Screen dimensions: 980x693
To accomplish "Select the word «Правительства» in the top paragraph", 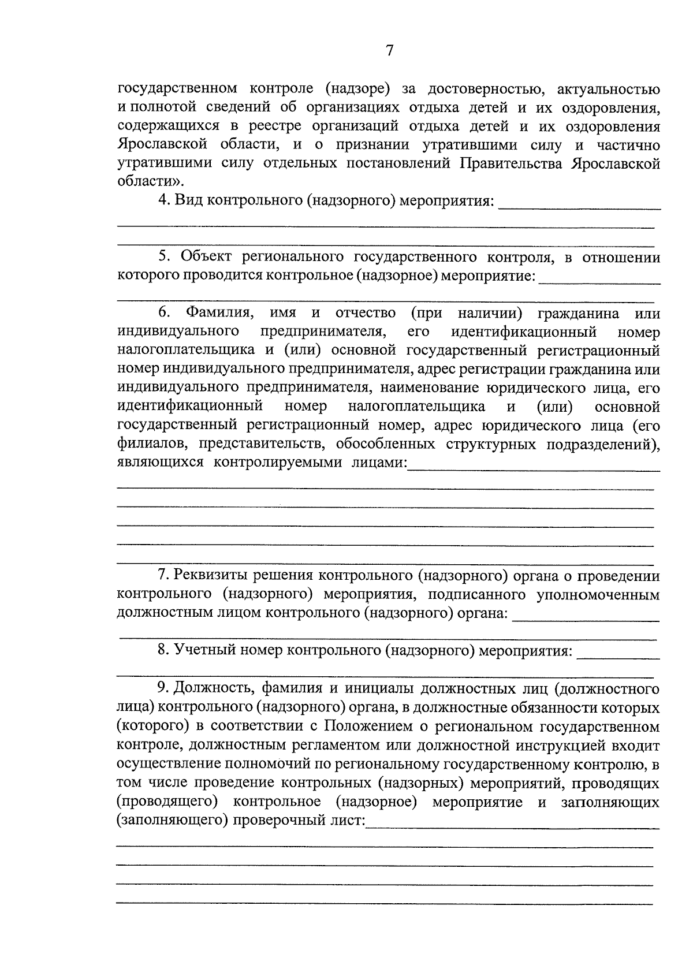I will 511,163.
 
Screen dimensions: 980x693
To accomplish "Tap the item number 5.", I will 163,256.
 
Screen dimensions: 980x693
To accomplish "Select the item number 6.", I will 163,313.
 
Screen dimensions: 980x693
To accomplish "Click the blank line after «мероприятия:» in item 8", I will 618,657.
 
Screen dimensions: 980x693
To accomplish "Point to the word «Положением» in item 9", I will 368,726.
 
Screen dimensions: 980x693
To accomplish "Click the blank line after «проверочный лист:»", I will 513,826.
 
